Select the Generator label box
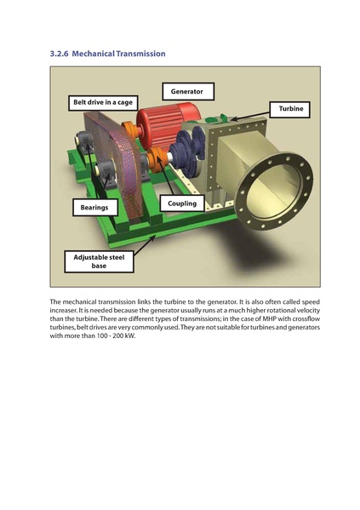pyautogui.click(x=186, y=91)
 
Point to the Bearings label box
pyautogui.click(x=94, y=207)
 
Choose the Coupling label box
pyautogui.click(x=182, y=204)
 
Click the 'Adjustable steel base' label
pyautogui.click(x=100, y=261)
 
